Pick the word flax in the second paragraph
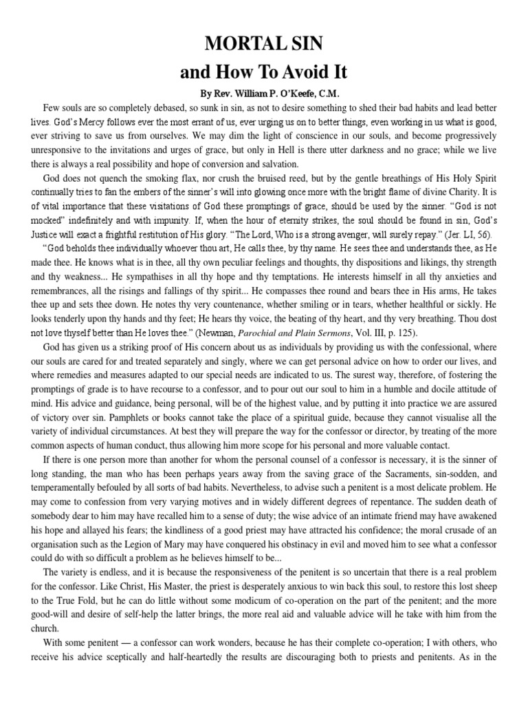point(178,178)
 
